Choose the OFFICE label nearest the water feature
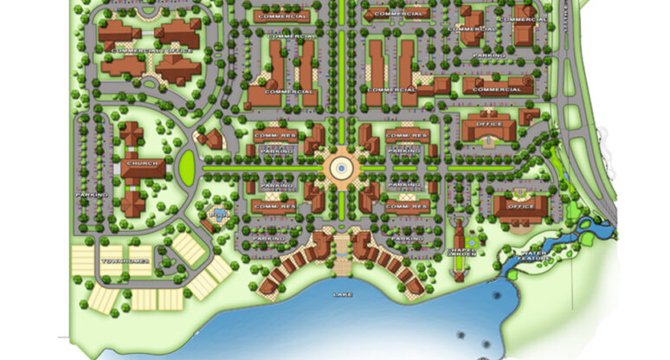point(522,206)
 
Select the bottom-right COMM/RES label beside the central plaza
point(407,207)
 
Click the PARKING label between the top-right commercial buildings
point(490,55)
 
